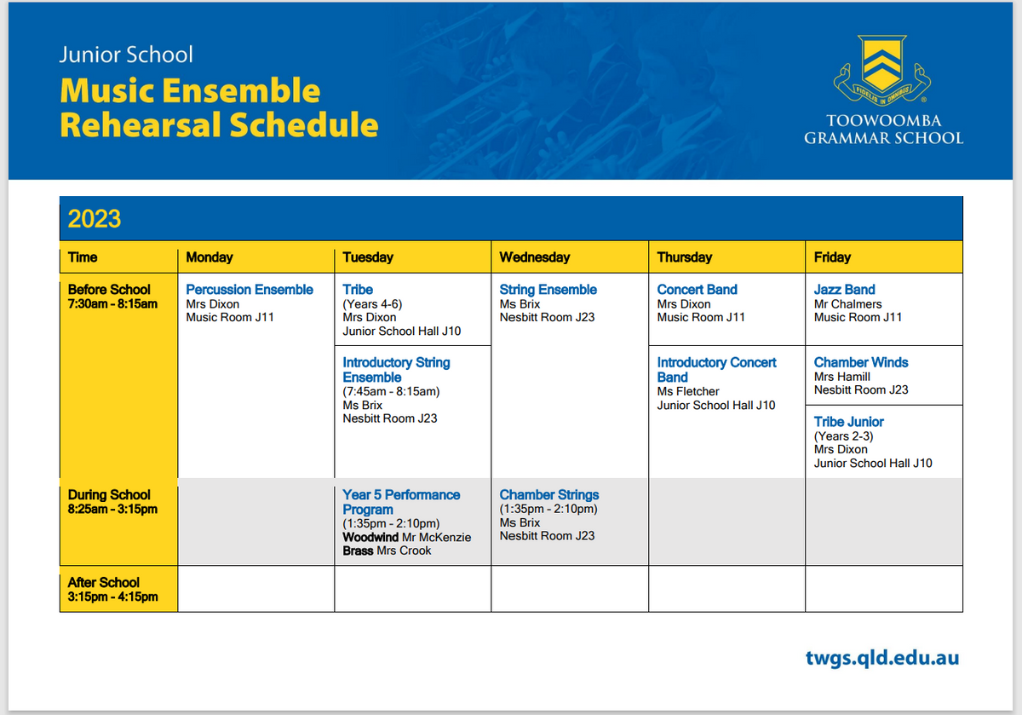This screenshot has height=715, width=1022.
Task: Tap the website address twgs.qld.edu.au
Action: [x=882, y=658]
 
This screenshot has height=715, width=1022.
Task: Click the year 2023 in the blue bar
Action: [x=95, y=219]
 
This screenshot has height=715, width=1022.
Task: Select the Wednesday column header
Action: [x=534, y=257]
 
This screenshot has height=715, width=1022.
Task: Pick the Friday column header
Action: [x=832, y=257]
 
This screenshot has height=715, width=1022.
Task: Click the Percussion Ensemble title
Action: [x=249, y=290]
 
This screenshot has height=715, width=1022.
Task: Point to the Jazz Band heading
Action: [x=844, y=290]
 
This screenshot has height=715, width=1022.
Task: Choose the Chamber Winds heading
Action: [x=861, y=362]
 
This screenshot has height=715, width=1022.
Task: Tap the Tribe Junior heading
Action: [x=848, y=422]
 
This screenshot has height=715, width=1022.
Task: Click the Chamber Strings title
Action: [x=548, y=494]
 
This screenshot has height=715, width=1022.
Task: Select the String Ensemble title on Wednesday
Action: [x=548, y=290]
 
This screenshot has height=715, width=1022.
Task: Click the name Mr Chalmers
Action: [x=847, y=304]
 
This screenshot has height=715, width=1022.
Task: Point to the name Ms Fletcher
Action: [x=688, y=391]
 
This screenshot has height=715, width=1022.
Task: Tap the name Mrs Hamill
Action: [x=841, y=377]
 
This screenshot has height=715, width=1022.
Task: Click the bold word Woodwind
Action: [x=370, y=537]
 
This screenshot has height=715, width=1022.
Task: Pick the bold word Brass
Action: [x=358, y=551]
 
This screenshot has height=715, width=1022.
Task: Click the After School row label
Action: [x=104, y=583]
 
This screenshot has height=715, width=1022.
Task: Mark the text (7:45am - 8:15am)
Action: [x=391, y=391]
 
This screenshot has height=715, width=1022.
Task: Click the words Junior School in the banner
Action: [x=126, y=55]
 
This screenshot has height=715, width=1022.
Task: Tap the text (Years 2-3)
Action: [x=844, y=436]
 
